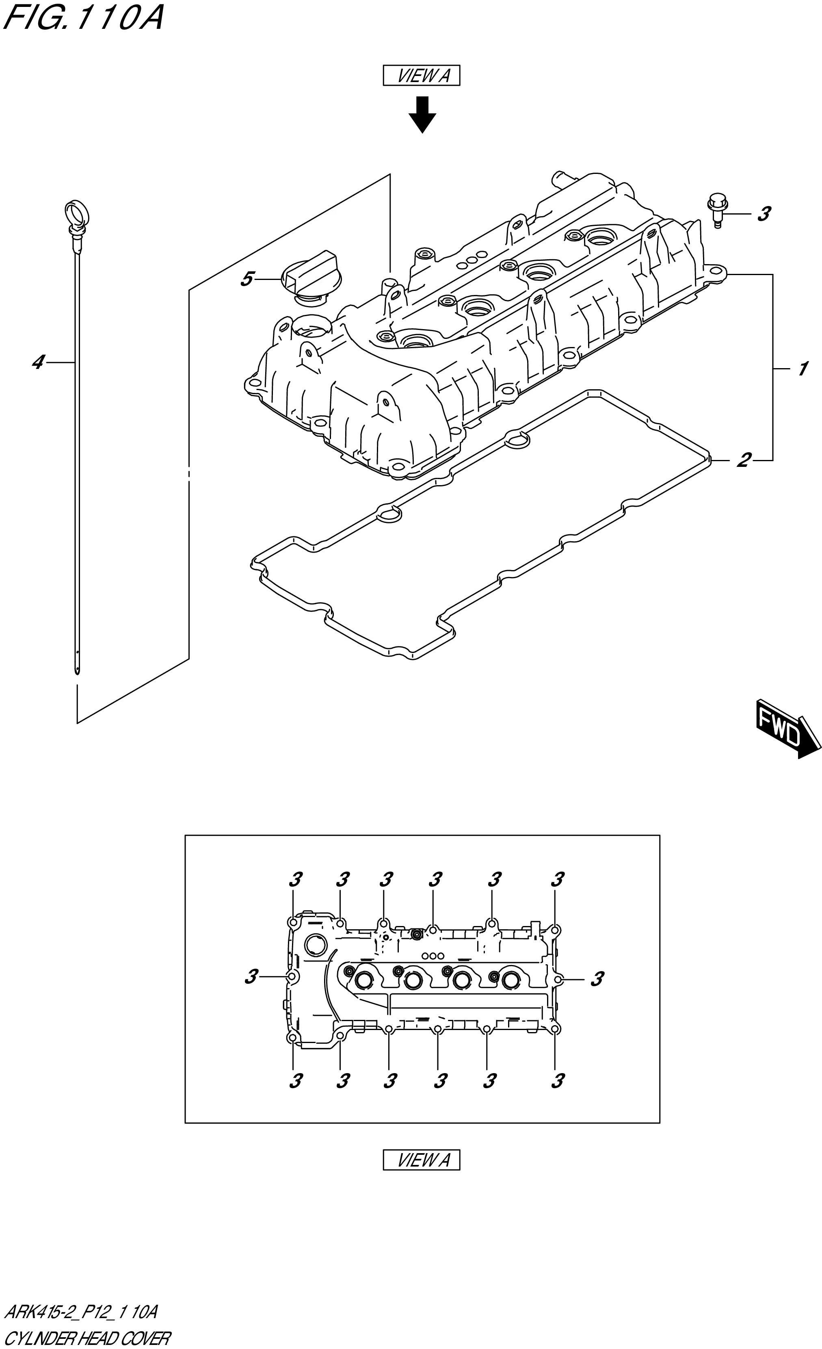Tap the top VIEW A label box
click(x=421, y=76)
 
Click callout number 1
click(x=802, y=369)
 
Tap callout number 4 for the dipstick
click(x=37, y=362)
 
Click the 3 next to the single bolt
click(x=764, y=214)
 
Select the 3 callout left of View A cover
click(x=251, y=977)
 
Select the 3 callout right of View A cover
click(x=597, y=978)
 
